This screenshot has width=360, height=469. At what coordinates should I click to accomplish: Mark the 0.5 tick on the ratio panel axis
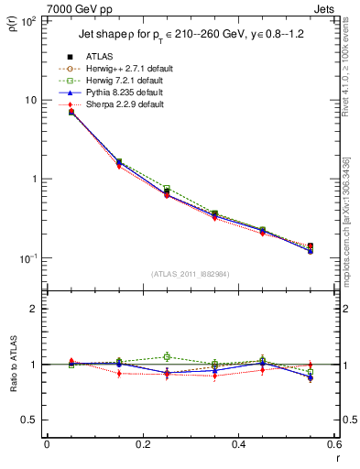tap(30, 420)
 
